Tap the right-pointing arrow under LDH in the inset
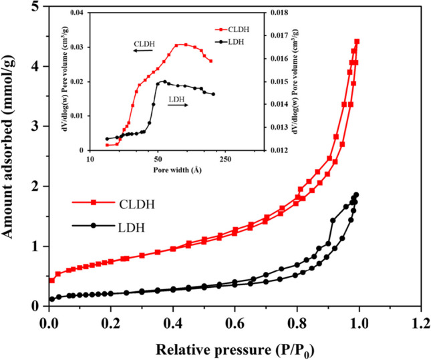tap(176, 106)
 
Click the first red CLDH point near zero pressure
tap(52, 281)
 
